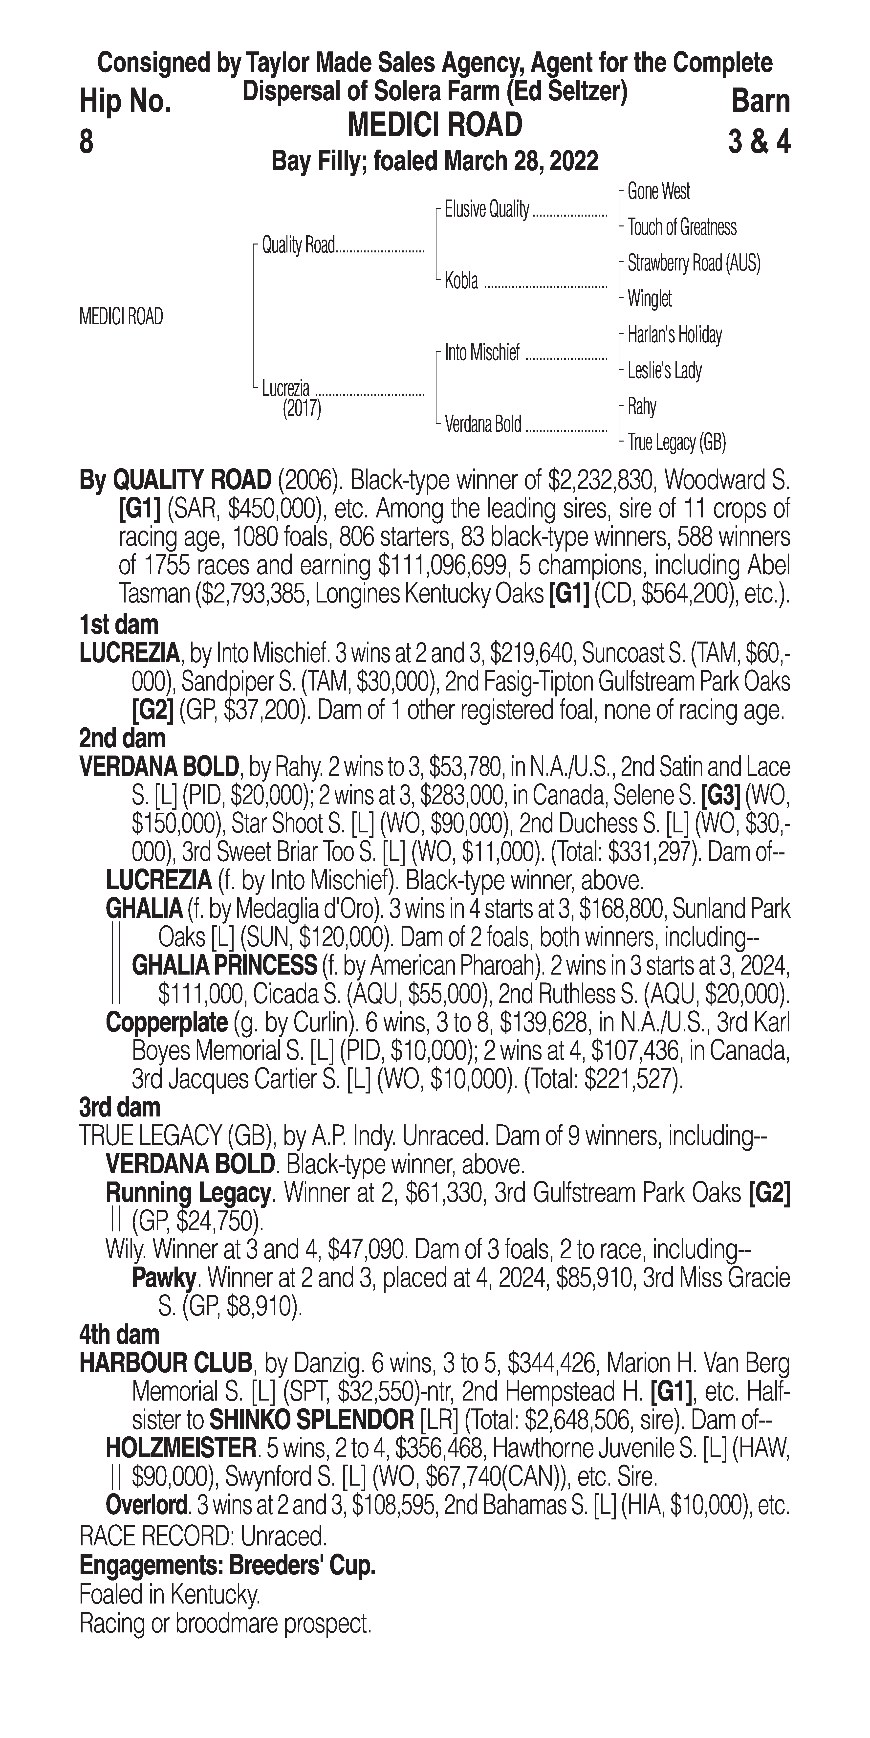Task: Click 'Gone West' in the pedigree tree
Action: tap(658, 192)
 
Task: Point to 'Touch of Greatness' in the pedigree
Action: tap(682, 227)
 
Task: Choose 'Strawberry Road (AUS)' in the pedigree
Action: tap(693, 263)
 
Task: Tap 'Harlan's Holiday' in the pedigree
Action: tap(674, 335)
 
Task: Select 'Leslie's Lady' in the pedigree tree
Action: tap(664, 370)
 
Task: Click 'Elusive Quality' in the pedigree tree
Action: tap(486, 210)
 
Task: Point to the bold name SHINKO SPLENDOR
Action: tap(312, 1420)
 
